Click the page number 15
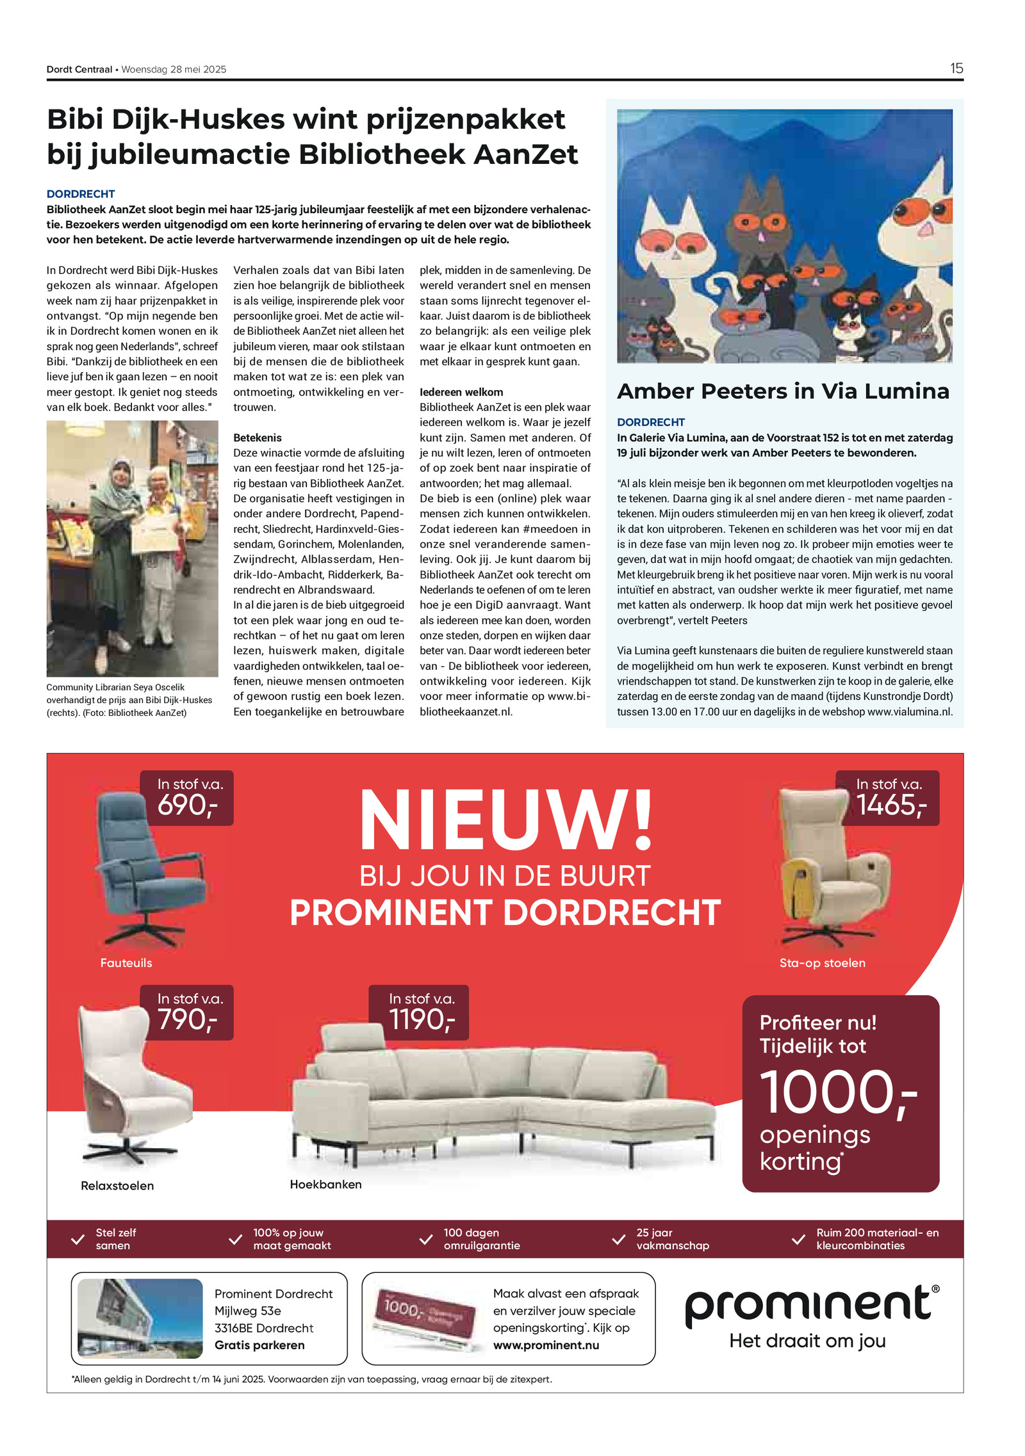click(956, 69)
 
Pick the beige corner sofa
click(500, 1095)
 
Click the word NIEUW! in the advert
click(506, 820)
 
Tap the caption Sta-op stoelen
click(822, 963)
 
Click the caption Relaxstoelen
click(117, 1186)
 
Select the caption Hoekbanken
click(325, 1185)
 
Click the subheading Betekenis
click(257, 438)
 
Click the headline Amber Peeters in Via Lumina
click(783, 391)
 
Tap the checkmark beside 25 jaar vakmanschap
click(618, 1240)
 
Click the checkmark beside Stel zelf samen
click(78, 1240)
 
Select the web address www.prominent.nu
click(546, 1345)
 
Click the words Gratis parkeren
click(259, 1345)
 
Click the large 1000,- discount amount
click(838, 1094)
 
